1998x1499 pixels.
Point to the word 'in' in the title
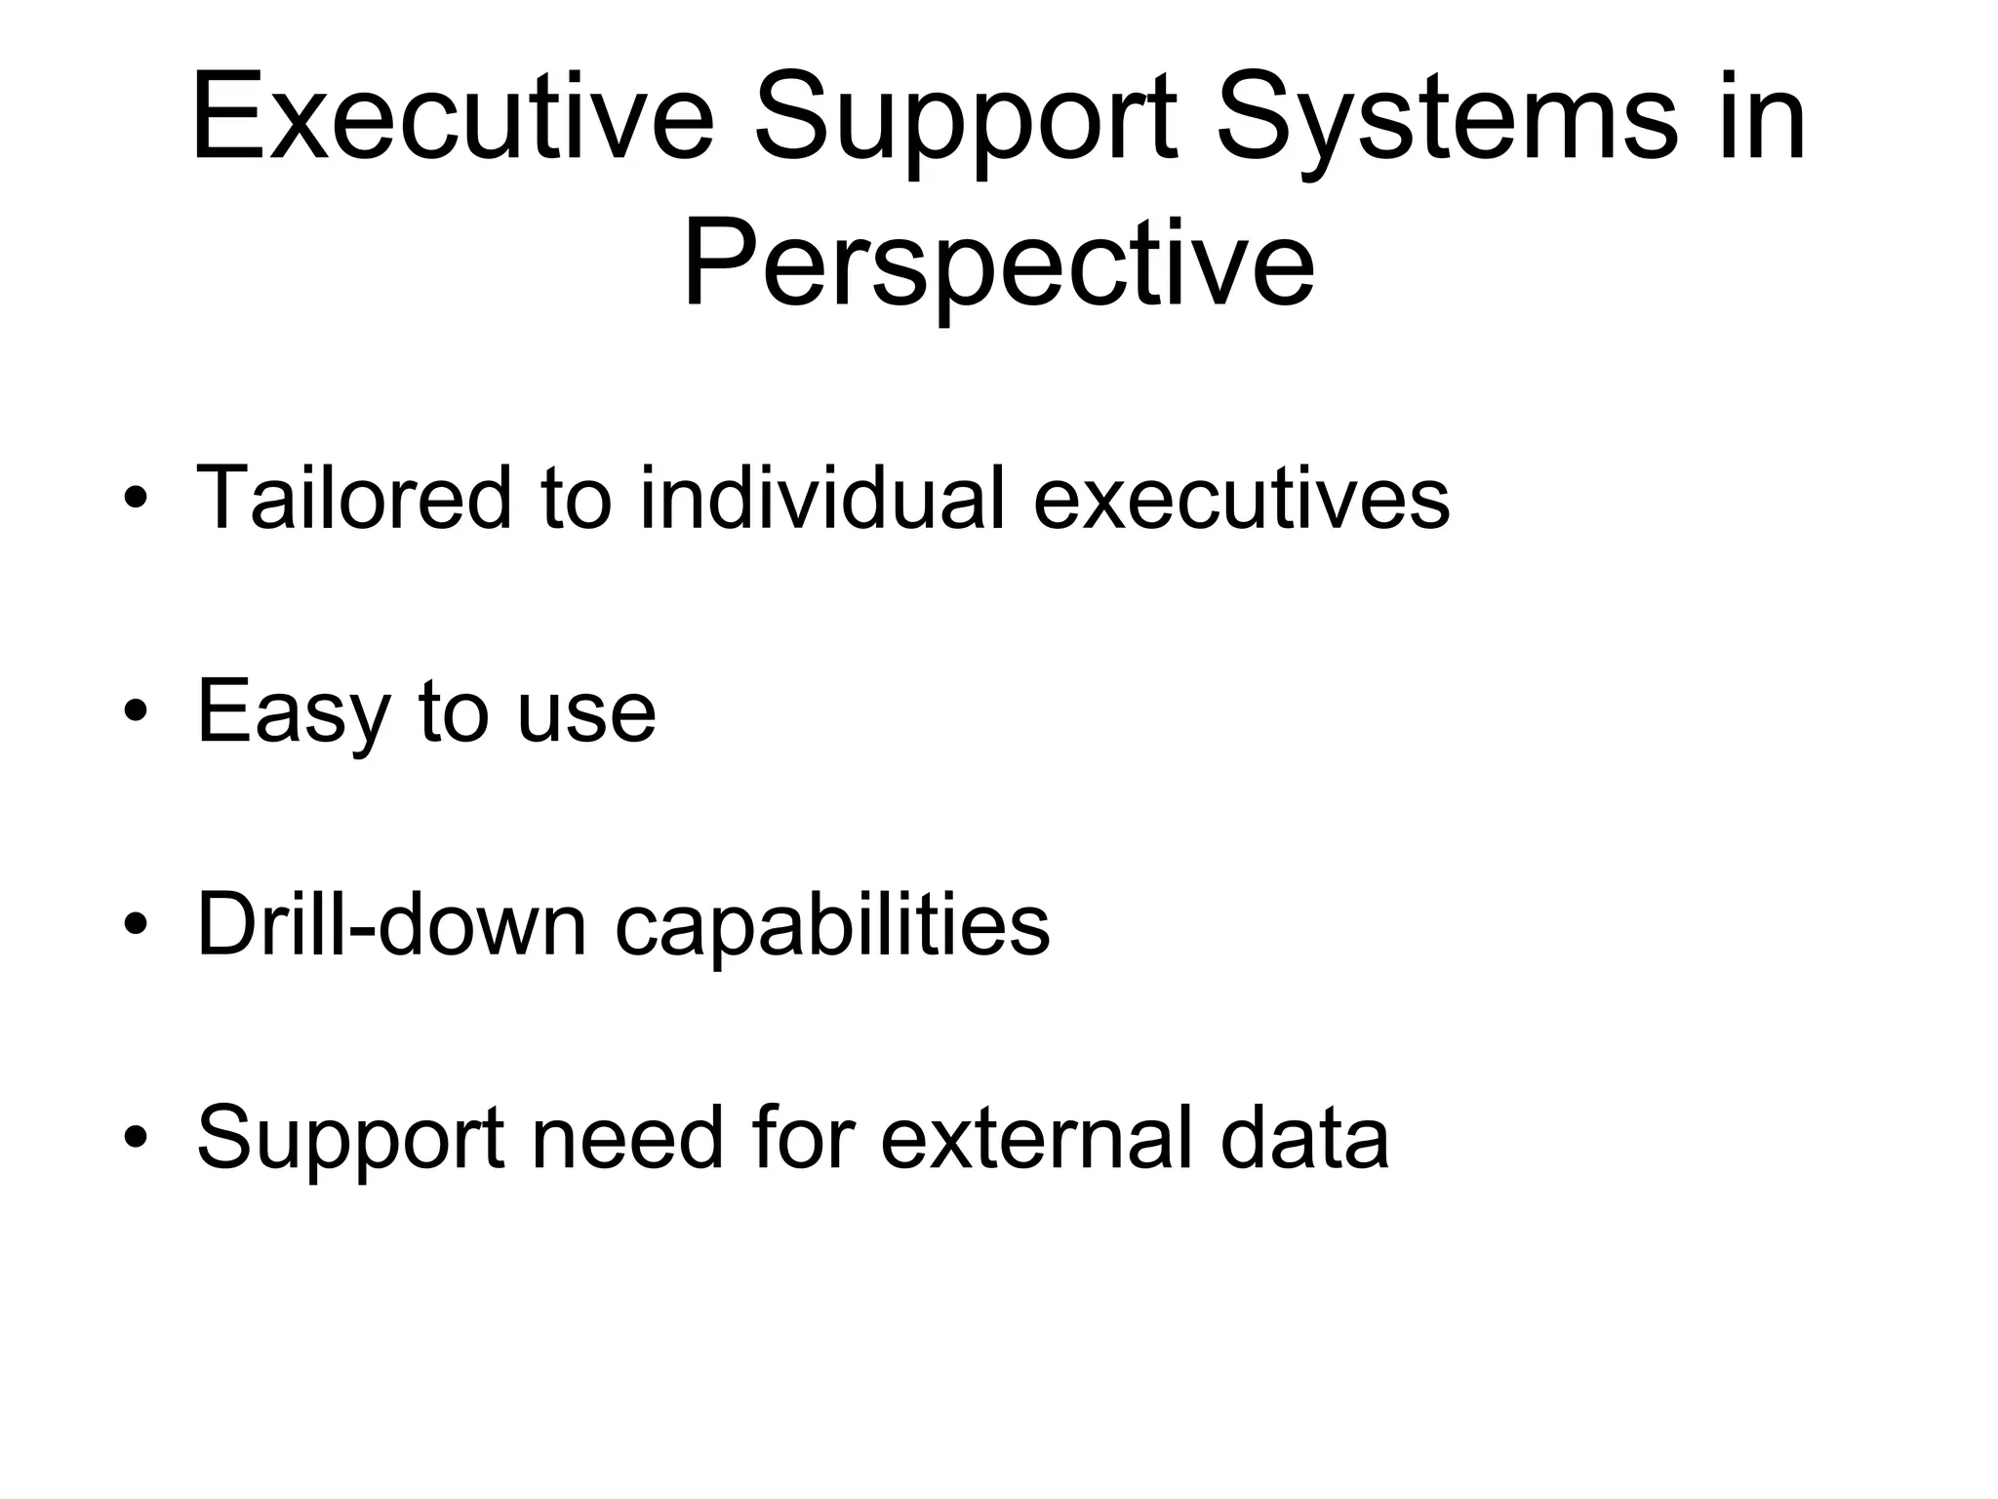point(1762,119)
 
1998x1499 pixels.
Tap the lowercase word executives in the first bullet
point(1241,500)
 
